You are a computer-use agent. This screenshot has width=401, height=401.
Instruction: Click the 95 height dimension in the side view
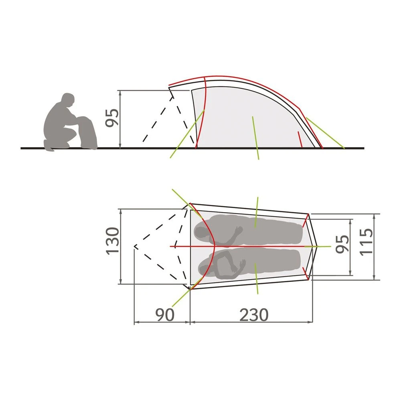tap(112, 117)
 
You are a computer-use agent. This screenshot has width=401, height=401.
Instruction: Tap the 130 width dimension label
tap(113, 241)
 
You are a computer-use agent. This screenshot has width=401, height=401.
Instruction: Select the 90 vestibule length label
tap(165, 314)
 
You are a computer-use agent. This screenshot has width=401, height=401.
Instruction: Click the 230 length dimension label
tap(254, 314)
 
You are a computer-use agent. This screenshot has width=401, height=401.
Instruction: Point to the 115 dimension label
tap(366, 242)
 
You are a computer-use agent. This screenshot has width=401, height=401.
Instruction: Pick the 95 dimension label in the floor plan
tap(342, 244)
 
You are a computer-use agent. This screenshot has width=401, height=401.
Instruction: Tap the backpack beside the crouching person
tap(87, 133)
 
